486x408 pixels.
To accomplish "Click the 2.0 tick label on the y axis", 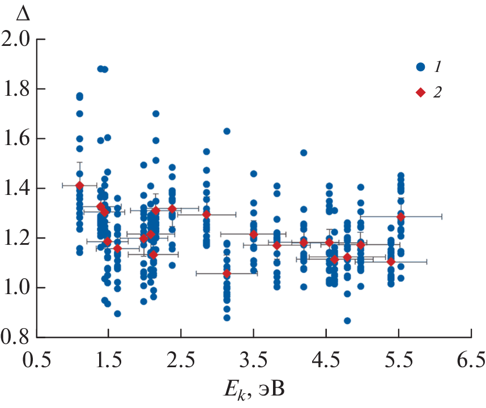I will click(x=18, y=40).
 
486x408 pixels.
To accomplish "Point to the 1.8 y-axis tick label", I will click(x=18, y=90).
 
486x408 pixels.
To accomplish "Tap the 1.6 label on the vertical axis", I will click(x=18, y=139).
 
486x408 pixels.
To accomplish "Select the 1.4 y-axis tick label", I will click(x=18, y=189).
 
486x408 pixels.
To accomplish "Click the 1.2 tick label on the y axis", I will click(x=18, y=238).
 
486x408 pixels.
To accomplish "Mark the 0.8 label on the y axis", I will click(x=18, y=337).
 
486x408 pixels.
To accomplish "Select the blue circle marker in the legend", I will click(x=420, y=67).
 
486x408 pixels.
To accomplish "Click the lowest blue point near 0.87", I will click(x=347, y=321).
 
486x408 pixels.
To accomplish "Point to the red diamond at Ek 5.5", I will click(x=401, y=216).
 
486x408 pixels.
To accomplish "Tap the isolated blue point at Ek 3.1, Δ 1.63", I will click(x=227, y=131).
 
